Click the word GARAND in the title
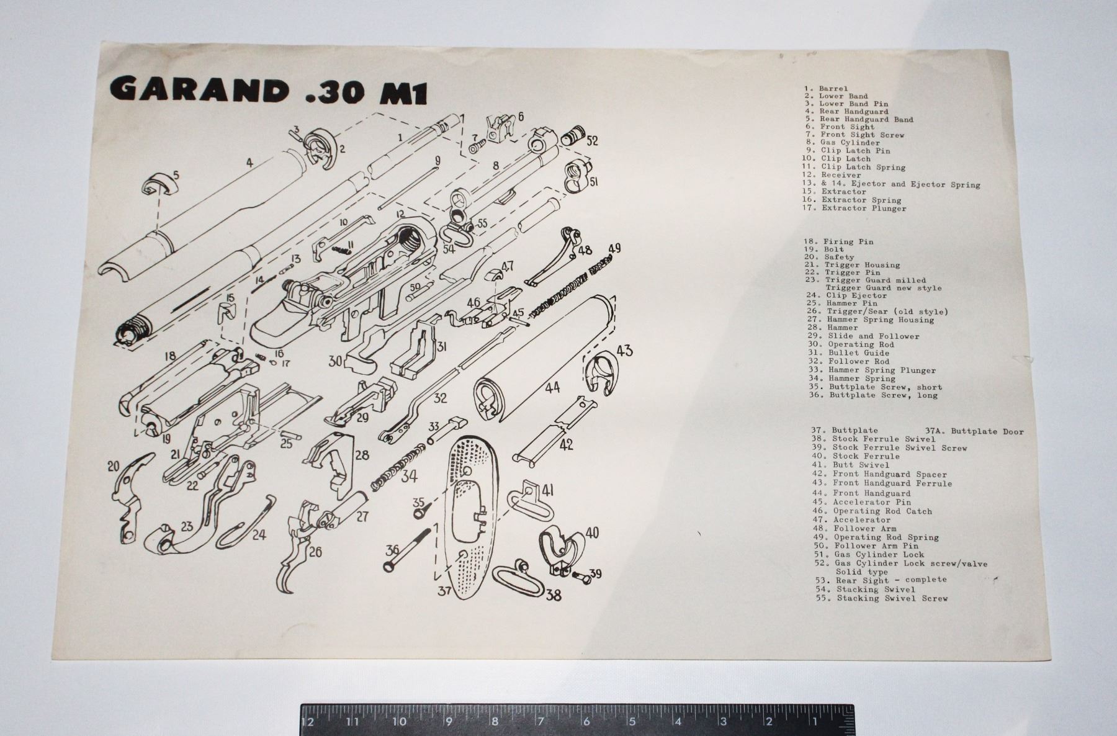pos(199,91)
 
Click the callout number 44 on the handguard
pos(552,387)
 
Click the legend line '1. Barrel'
pos(826,88)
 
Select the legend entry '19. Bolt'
pos(824,249)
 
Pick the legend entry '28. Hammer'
pos(833,327)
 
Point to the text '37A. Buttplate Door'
pos(974,431)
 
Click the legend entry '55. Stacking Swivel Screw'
pos(882,598)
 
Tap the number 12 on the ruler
pos(307,721)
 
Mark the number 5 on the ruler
pos(632,721)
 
